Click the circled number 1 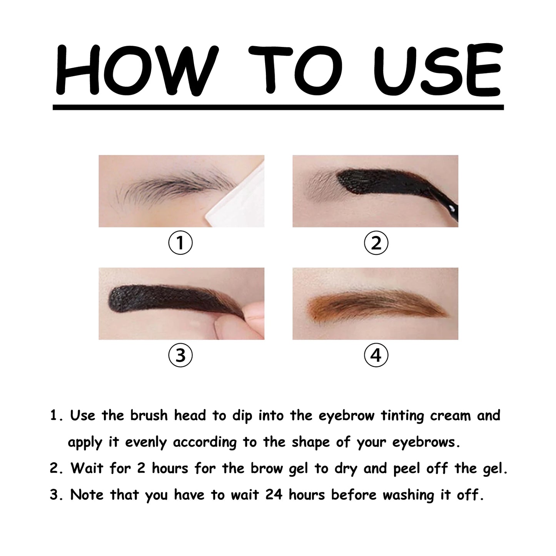180,244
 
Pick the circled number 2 376,244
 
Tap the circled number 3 180,356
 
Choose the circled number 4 376,356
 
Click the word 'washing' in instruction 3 408,496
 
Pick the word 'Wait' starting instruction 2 87,469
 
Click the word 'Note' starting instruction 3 87,495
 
